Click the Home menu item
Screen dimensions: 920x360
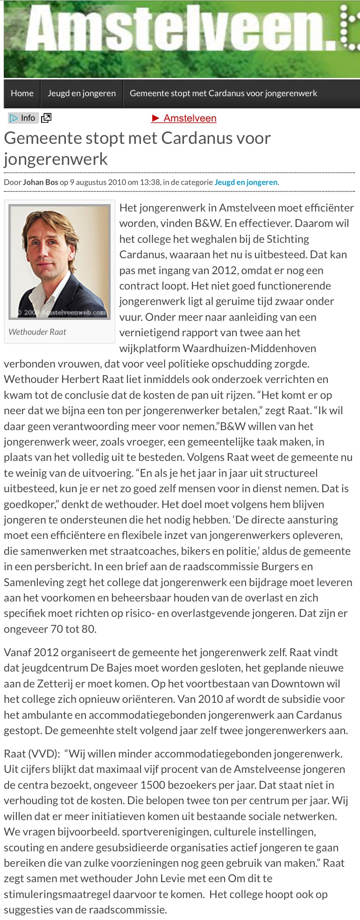click(22, 93)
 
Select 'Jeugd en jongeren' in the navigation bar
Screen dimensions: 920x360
click(82, 93)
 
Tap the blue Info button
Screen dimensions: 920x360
click(23, 118)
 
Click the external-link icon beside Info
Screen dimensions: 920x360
click(46, 118)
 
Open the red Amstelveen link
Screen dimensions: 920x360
click(184, 118)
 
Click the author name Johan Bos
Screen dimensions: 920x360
click(41, 182)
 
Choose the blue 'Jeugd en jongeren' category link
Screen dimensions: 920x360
click(246, 182)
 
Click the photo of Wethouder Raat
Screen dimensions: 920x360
click(59, 262)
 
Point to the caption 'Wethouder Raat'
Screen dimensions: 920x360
click(37, 332)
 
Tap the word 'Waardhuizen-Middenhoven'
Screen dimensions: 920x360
click(249, 348)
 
